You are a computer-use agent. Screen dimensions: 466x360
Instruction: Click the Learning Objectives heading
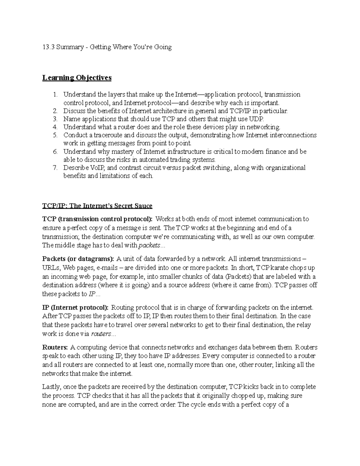(x=77, y=78)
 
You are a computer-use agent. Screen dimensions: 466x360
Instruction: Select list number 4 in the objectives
(x=55, y=127)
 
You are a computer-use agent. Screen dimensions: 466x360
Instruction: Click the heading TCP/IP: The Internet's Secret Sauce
(x=97, y=206)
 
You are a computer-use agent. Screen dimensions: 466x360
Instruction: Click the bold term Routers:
(x=55, y=347)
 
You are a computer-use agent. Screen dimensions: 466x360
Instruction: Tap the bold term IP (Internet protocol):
(x=76, y=307)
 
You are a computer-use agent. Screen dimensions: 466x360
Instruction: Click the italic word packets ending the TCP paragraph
(x=149, y=245)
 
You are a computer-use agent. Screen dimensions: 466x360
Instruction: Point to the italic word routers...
(x=101, y=334)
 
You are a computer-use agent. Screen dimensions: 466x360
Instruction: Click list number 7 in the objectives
(x=55, y=167)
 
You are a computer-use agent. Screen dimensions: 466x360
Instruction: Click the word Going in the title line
(x=163, y=47)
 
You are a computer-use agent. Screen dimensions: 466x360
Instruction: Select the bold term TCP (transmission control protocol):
(x=97, y=219)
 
